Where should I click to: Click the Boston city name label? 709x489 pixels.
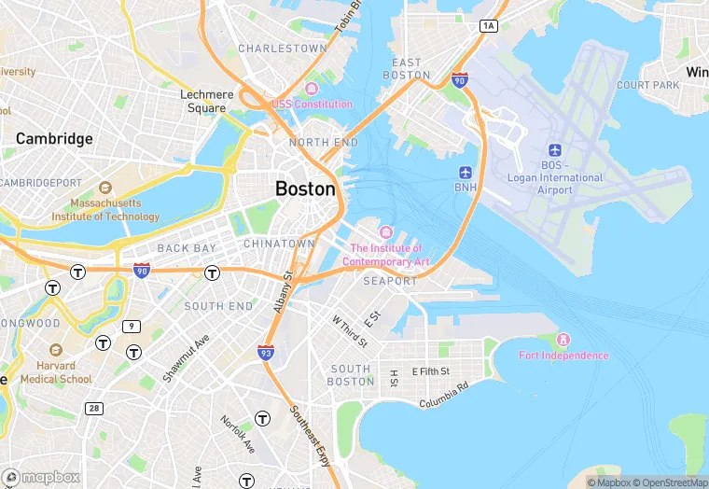click(x=305, y=189)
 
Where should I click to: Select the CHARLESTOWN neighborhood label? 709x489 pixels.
click(x=283, y=48)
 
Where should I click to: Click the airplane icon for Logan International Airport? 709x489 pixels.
click(x=555, y=150)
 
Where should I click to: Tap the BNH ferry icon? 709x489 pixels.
click(x=466, y=173)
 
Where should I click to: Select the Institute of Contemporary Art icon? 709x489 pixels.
click(x=385, y=231)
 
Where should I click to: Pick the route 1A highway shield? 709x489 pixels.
click(x=488, y=25)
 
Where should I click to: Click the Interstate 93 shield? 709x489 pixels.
click(x=266, y=352)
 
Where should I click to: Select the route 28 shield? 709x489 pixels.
click(x=94, y=408)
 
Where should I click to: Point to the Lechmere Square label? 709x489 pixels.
click(x=206, y=102)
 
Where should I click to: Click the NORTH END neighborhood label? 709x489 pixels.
click(x=323, y=143)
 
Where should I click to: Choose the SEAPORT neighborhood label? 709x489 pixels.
click(x=390, y=281)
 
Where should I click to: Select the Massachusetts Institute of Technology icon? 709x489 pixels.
click(x=104, y=189)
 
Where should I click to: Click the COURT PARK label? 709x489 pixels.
click(x=648, y=85)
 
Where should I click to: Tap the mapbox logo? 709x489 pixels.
click(x=41, y=477)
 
